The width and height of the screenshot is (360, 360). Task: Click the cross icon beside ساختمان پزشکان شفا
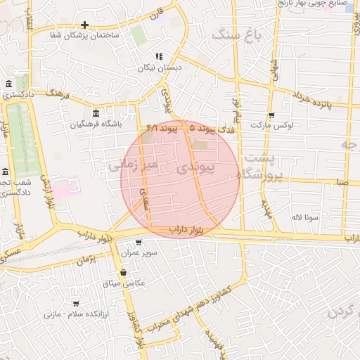coord(84,25)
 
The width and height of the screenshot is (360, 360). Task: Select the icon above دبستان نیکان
coord(159,56)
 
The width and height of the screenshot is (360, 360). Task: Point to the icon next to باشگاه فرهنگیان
coord(96,113)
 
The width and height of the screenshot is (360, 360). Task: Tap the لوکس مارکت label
coord(271,125)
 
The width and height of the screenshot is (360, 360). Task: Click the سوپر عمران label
coord(138,252)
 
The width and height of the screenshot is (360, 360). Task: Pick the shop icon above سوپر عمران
coord(138,242)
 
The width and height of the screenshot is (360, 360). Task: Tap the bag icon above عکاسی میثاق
coord(124,272)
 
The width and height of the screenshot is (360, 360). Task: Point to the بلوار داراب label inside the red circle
coord(186,230)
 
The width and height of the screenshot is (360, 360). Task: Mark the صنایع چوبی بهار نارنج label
coord(316,5)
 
